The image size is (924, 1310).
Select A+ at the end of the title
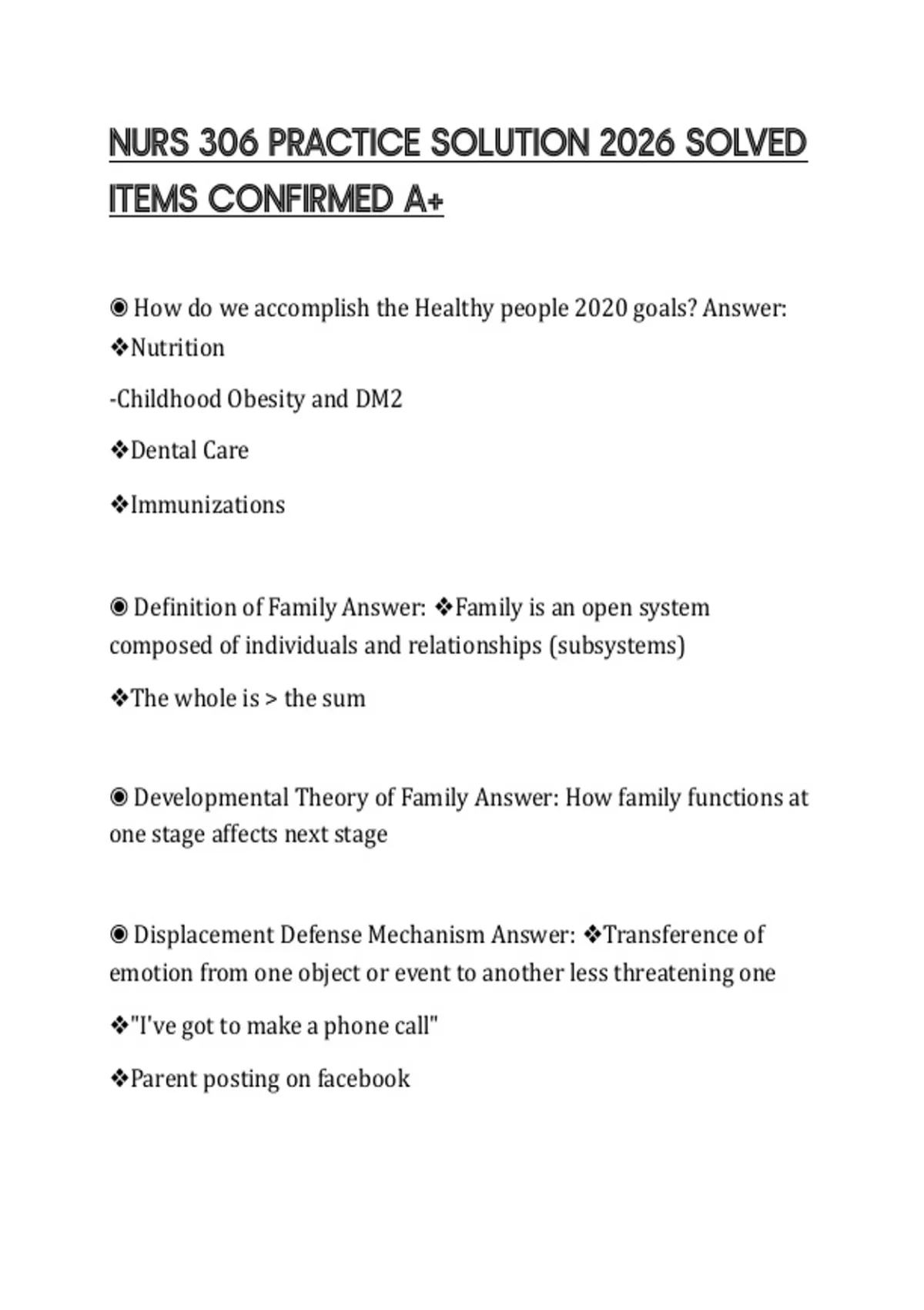[x=423, y=200]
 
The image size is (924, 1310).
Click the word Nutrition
[x=178, y=348]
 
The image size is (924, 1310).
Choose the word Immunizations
[x=208, y=505]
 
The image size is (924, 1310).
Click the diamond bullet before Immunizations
[x=119, y=505]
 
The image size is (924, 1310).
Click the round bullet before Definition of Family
[x=119, y=608]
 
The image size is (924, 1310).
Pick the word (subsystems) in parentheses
[x=617, y=646]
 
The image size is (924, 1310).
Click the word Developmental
[x=210, y=798]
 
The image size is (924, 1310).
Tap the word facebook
[x=363, y=1079]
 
